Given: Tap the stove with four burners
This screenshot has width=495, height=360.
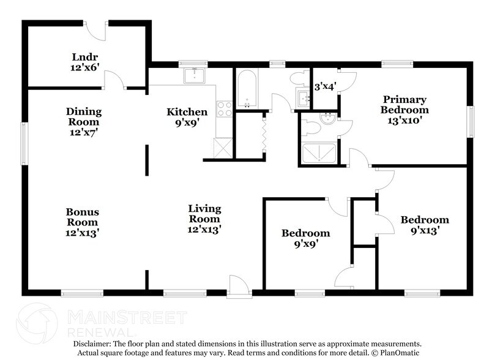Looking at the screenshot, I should (225, 108).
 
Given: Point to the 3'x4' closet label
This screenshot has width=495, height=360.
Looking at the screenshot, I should (324, 88).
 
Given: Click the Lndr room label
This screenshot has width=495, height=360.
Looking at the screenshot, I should (84, 63).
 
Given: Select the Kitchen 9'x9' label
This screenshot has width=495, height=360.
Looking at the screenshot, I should (187, 117).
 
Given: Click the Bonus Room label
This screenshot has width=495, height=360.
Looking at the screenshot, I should (83, 222).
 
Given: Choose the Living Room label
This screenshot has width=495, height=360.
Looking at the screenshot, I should (204, 219).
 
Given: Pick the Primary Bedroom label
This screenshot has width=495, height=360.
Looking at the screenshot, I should (404, 110).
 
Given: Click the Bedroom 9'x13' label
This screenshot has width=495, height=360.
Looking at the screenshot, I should (424, 225).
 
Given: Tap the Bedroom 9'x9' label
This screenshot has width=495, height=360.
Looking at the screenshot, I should (305, 238).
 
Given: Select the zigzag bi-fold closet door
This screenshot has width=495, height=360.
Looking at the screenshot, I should (264, 132).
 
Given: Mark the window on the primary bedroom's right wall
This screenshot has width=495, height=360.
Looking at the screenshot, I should (471, 122).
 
